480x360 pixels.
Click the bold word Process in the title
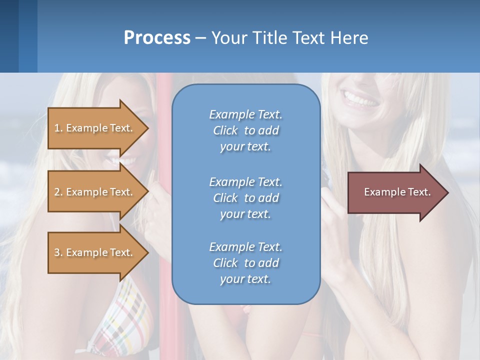point(157,38)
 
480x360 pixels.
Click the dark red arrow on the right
point(395,192)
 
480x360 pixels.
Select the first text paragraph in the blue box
point(245,130)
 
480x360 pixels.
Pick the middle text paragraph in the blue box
point(245,198)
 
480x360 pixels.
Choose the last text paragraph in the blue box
point(245,263)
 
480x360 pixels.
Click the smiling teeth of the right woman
point(361,99)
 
